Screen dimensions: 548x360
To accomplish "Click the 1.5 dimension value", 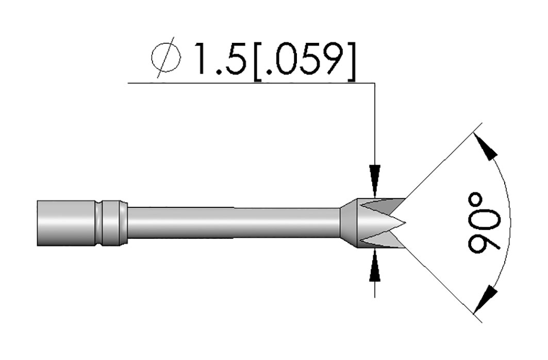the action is pos(219,59).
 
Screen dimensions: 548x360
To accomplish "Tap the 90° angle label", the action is pos(484,223).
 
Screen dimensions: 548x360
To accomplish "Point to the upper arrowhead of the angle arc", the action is pos(486,146).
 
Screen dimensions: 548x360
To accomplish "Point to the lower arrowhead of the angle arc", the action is pos(485,299).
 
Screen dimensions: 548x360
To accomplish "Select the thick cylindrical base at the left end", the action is pos(67,223).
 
